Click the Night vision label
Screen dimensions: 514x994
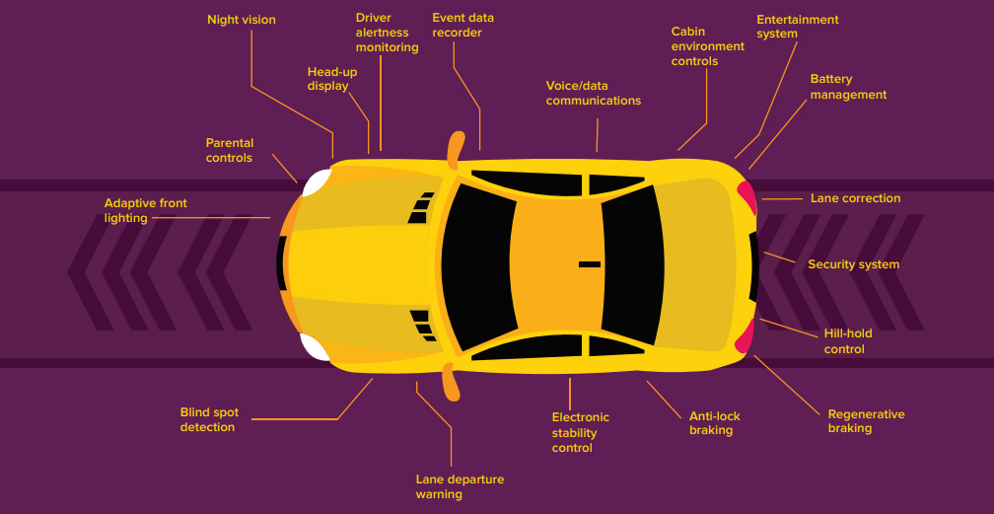241,20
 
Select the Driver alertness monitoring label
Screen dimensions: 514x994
387,33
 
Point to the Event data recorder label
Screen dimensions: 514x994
462,25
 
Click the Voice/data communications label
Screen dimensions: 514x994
593,93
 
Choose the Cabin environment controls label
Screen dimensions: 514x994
707,46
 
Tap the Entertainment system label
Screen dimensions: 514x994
797,27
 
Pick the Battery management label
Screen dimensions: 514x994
848,87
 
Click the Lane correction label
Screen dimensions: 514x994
855,198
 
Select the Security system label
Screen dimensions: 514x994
853,264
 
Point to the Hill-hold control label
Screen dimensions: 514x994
847,341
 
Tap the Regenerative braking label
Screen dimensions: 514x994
866,421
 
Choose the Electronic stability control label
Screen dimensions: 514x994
580,432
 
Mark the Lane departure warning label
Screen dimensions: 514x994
460,486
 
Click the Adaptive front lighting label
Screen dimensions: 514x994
145,210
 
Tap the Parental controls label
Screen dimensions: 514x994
229,150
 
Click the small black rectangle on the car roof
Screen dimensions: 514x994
589,264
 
